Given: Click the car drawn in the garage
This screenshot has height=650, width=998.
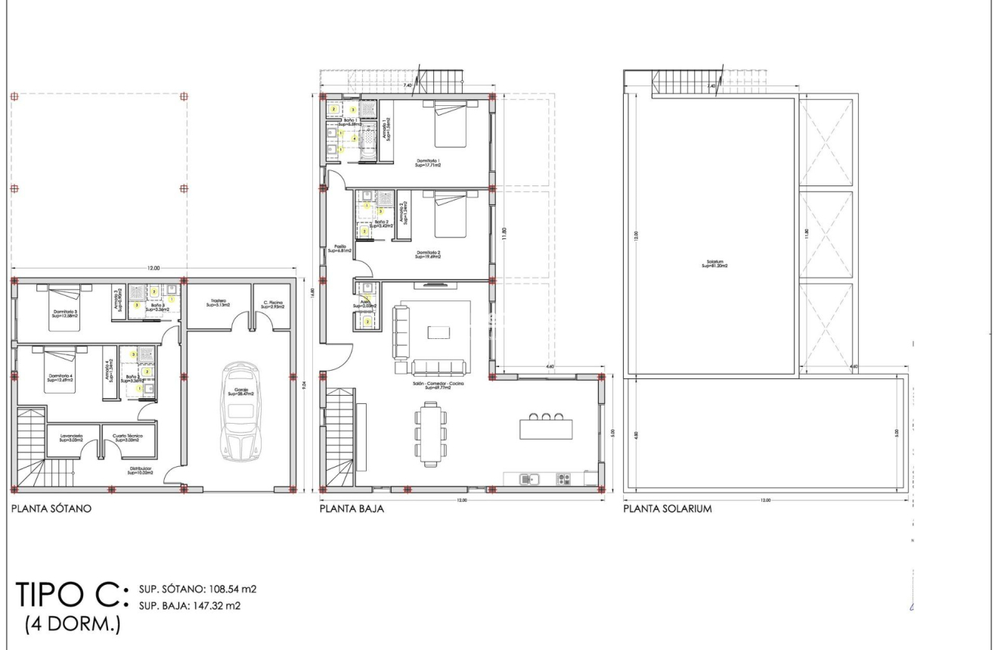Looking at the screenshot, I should point(238,412).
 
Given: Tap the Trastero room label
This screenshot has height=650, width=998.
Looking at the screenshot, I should point(220,304).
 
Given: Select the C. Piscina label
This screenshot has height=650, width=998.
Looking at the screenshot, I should point(272,304).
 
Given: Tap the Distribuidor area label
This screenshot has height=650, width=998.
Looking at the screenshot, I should point(141,471).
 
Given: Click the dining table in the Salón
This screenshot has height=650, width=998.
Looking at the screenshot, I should point(432,434).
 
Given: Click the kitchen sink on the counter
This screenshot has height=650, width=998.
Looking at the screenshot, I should point(529,478).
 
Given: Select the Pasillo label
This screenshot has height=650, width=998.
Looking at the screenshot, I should point(340,248).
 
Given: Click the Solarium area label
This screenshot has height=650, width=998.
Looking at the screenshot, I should point(713,264).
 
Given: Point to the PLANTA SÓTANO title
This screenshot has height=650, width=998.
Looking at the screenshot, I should point(51,509).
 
